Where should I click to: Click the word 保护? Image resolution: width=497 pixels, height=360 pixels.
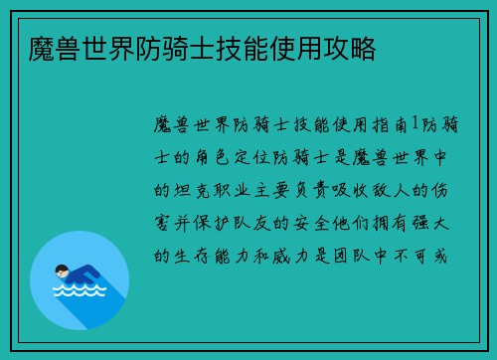(x=236, y=222)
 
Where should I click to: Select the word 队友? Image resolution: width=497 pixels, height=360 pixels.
(x=281, y=222)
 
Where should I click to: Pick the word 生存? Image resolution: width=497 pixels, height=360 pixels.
(x=190, y=255)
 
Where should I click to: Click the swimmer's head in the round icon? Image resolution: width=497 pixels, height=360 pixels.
(x=62, y=269)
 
